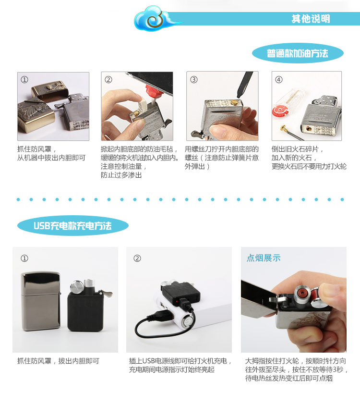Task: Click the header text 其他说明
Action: pos(311,19)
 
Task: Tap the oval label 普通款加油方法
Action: pos(298,53)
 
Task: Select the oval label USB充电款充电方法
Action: pos(73,226)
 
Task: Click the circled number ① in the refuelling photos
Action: pos(24,80)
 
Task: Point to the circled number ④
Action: pos(278,79)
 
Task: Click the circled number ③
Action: pos(194,79)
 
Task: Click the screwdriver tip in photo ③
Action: pos(239,97)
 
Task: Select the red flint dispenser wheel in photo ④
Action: pos(278,111)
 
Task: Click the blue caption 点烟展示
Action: pos(264,258)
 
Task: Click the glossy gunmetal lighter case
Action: pos(41,301)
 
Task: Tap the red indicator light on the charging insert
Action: pos(178,301)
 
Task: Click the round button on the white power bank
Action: pos(187,321)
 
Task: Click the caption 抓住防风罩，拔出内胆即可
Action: pos(58,361)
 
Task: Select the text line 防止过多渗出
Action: pos(121,175)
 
